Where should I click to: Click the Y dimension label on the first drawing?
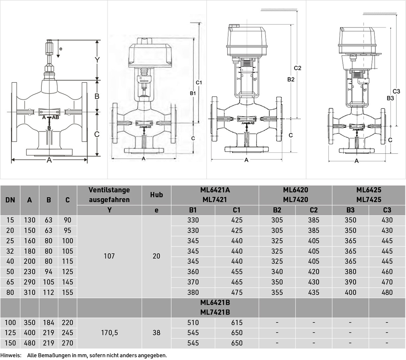point(97,60)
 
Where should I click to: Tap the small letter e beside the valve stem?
point(61,49)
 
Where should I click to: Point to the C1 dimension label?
point(199,82)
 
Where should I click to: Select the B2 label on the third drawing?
point(291,79)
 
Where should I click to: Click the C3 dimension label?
point(396,91)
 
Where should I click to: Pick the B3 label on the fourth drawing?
point(390,98)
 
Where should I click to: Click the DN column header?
point(10,200)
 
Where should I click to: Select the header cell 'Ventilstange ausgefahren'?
point(109,195)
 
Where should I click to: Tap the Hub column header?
point(156,195)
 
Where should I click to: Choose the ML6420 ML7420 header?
point(296,195)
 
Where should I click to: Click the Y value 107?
point(109,256)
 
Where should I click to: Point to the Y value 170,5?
point(109,333)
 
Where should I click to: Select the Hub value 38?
point(156,333)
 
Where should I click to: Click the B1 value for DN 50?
point(193,272)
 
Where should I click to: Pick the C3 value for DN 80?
point(387,292)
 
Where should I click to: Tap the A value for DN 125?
point(30,333)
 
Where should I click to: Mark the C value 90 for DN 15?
point(67,220)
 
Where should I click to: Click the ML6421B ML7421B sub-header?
point(215,307)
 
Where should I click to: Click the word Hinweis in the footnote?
point(10,355)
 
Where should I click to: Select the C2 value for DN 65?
point(314,282)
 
